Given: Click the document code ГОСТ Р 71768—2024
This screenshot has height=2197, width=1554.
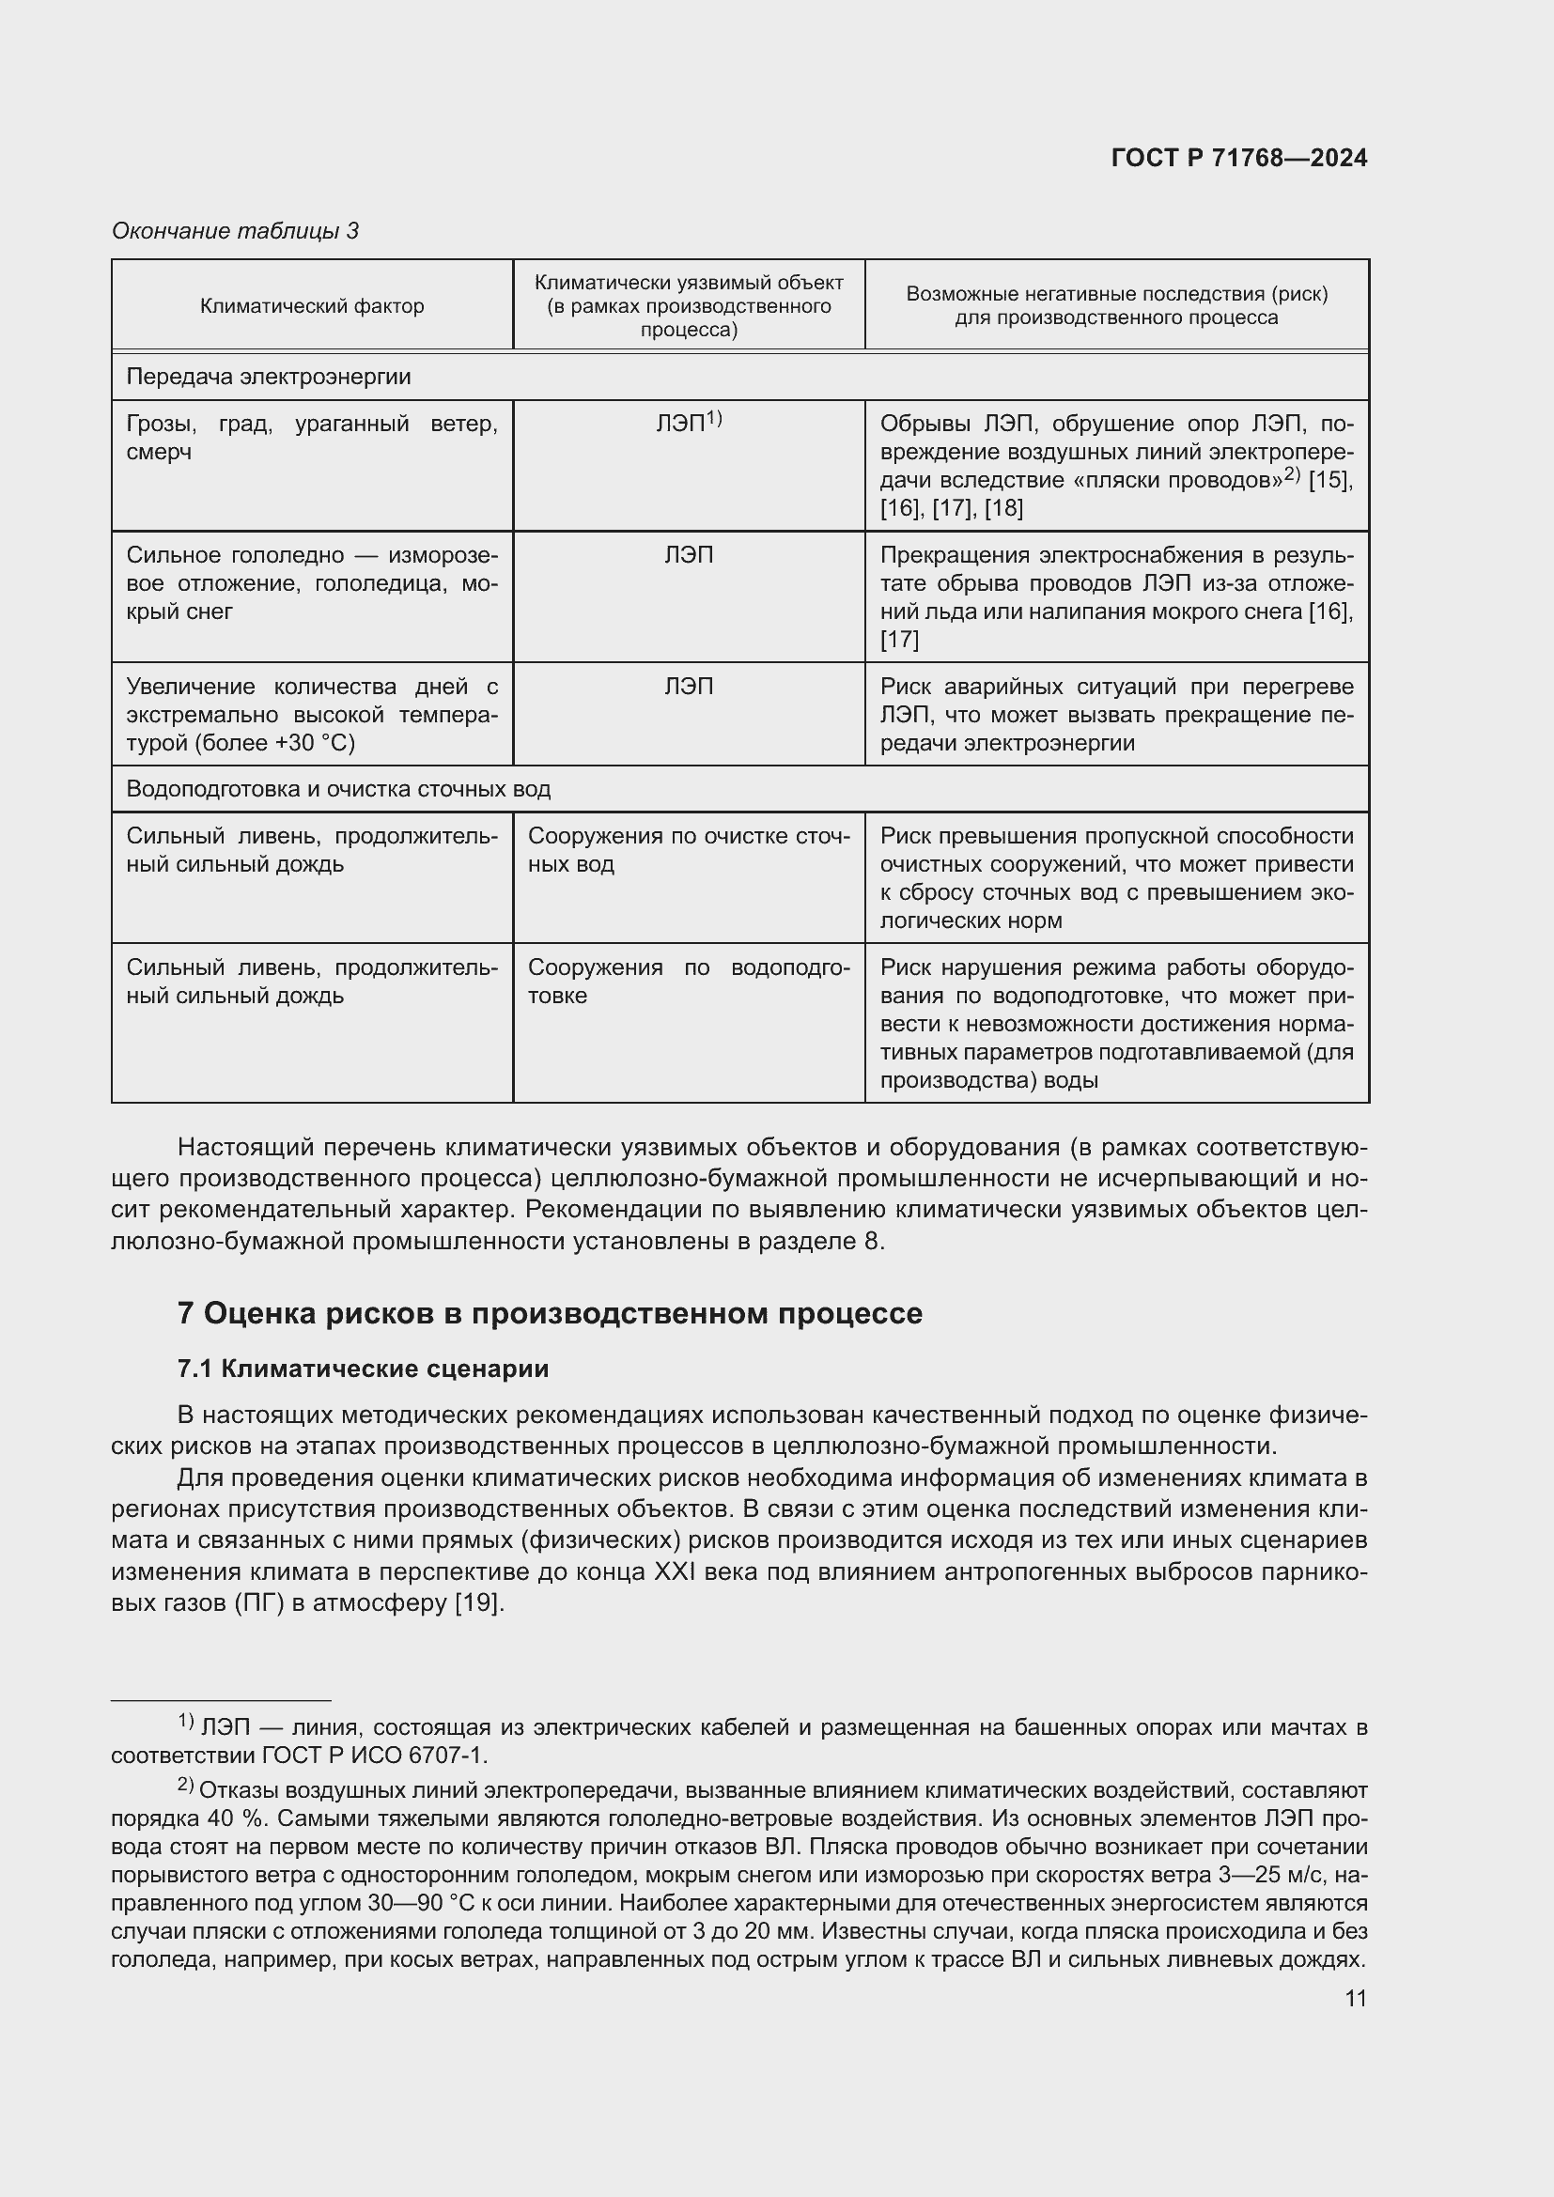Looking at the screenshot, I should (x=1238, y=158).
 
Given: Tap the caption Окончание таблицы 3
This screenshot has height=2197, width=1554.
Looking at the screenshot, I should (x=235, y=231).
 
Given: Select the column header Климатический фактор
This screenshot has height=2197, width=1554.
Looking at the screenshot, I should (x=311, y=306).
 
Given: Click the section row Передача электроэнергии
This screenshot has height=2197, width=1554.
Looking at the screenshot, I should (x=268, y=377).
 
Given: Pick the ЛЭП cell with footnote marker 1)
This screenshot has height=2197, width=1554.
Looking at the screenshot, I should (x=688, y=422).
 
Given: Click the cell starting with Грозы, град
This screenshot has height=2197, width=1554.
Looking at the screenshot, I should (x=311, y=438).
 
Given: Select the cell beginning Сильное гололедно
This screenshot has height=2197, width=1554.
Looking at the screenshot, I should (x=311, y=582).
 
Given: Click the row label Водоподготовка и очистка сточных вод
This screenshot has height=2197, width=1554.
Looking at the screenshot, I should (x=338, y=789).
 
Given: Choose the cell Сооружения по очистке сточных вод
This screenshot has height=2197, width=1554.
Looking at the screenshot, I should (x=688, y=850).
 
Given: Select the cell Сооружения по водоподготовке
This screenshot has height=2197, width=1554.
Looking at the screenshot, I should (x=688, y=981).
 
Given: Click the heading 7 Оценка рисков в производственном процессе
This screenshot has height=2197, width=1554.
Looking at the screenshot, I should (x=550, y=1313).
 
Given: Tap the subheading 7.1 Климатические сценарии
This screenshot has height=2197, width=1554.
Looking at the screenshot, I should (x=363, y=1369).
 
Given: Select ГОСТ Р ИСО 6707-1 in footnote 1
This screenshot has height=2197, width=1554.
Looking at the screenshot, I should (x=374, y=1756).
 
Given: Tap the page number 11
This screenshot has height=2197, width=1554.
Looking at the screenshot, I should (x=1355, y=1998).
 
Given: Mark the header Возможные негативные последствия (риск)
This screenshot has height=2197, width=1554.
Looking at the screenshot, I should (x=1116, y=294).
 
